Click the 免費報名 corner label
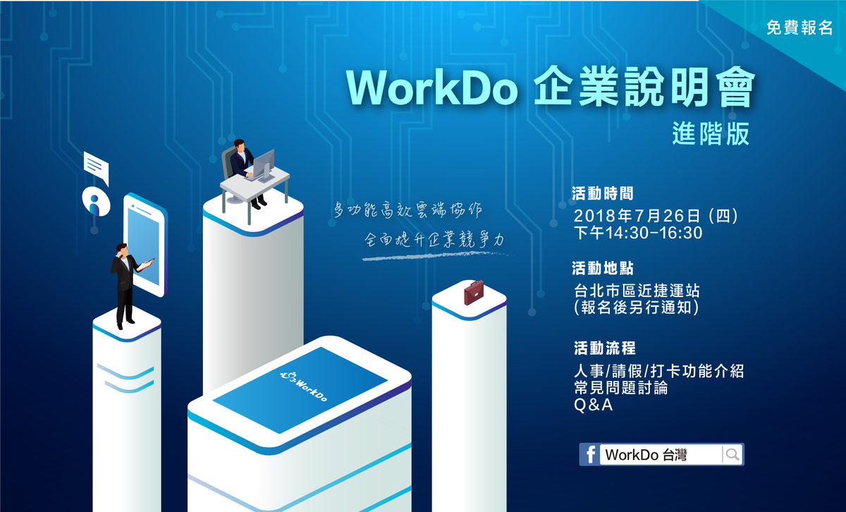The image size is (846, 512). coord(799,28)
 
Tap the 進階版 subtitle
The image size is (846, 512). coord(711,134)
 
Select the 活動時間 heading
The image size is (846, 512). coord(602,193)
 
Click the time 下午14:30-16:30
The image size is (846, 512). coord(638,233)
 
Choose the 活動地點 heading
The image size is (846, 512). coord(602,268)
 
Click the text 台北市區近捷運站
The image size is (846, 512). coord(637,291)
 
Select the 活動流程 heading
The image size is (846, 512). coord(605,348)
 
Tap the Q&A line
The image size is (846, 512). coord(593,405)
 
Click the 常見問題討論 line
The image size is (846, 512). coord(621,388)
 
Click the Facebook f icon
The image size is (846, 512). coord(590,454)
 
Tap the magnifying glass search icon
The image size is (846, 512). coord(732,454)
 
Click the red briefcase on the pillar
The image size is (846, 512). coord(474,293)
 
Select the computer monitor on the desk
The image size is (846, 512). coord(264,166)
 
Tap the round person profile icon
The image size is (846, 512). coord(97,202)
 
